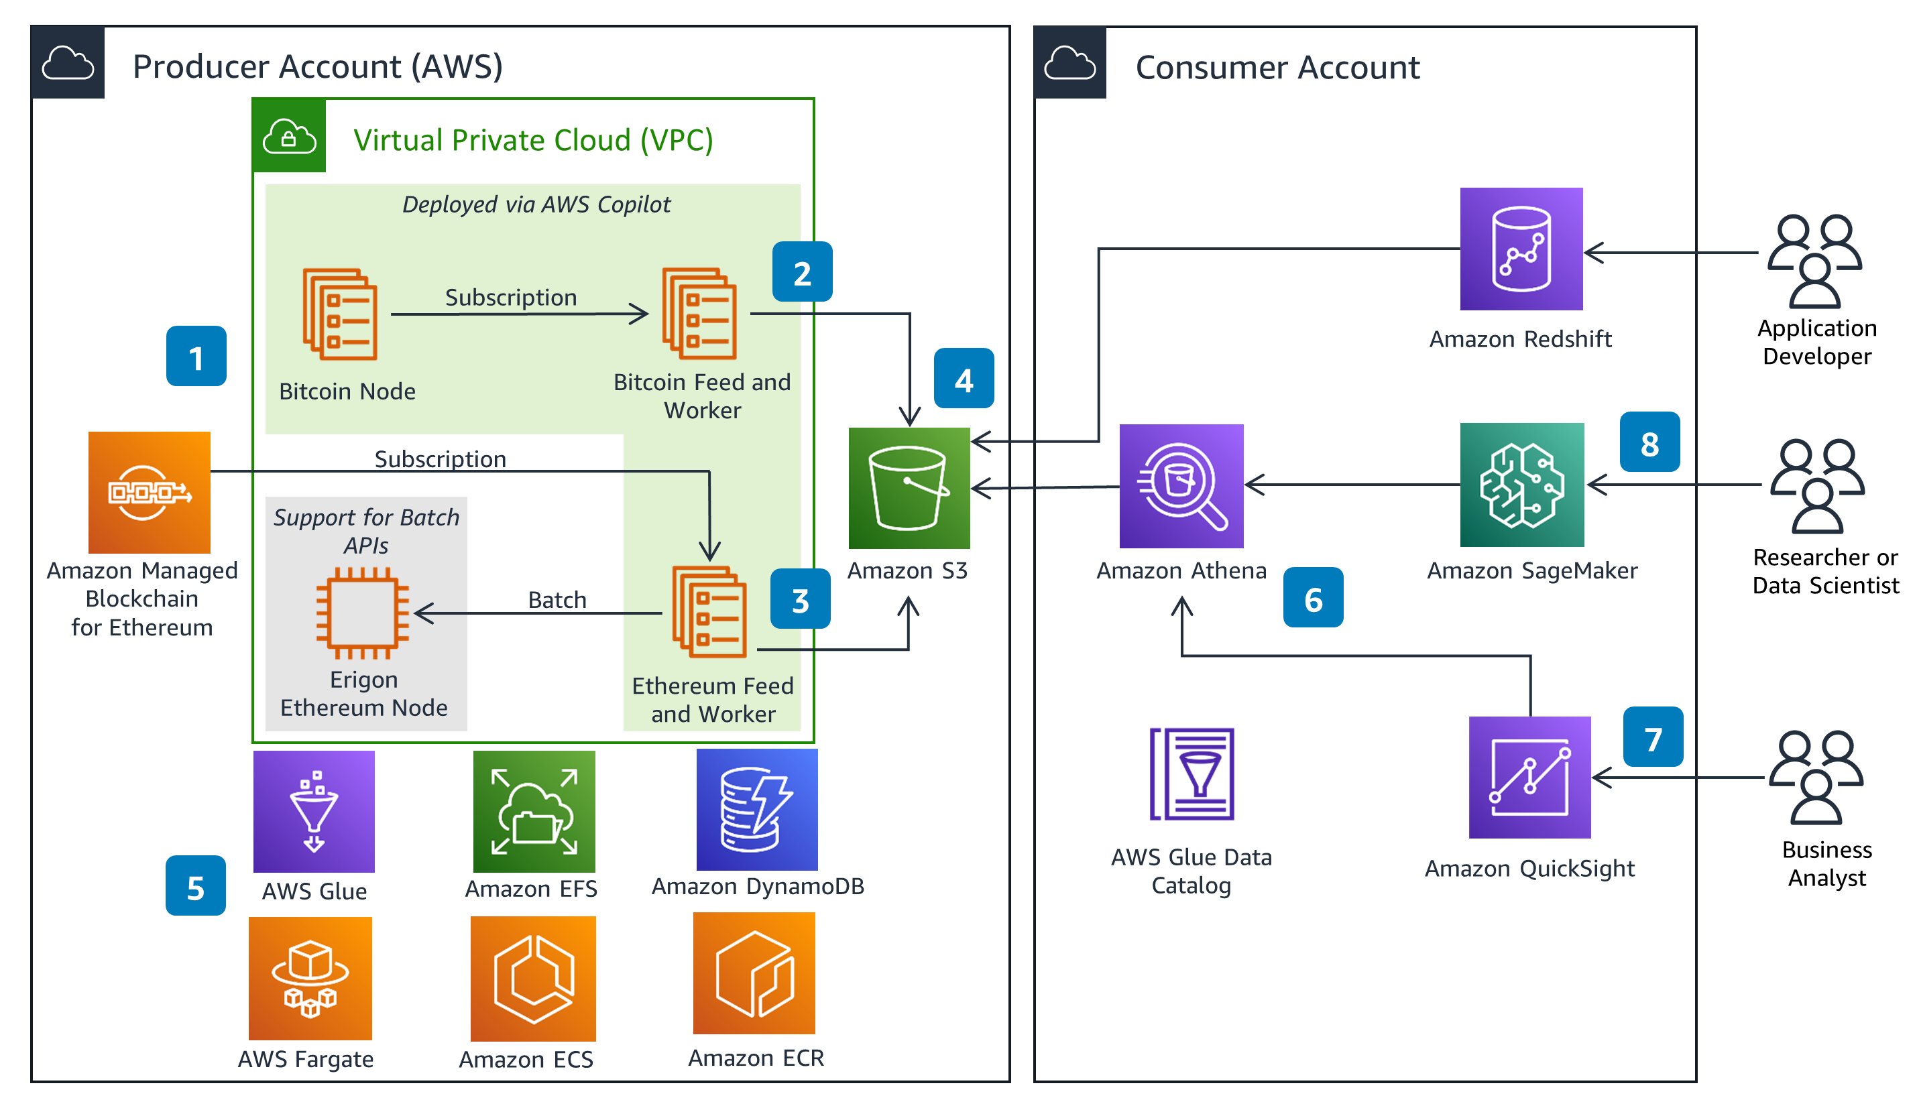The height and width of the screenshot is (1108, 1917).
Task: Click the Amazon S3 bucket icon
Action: [x=909, y=487]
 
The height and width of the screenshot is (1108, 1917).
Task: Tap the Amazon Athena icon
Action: [x=1181, y=486]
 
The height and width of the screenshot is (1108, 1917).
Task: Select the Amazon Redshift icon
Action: [x=1521, y=249]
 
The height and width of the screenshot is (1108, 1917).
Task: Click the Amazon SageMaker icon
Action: [x=1522, y=485]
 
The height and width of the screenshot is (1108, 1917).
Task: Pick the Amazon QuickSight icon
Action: [x=1530, y=777]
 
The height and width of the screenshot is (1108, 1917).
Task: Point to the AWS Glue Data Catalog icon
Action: [x=1192, y=774]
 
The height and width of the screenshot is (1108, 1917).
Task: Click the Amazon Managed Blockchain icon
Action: [x=149, y=492]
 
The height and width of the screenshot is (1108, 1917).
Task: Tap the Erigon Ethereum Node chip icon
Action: [x=363, y=612]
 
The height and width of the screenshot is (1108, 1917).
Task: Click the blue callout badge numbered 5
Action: [x=196, y=886]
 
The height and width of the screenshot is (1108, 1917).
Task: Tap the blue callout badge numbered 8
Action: [x=1649, y=442]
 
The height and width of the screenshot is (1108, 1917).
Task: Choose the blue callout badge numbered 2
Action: [x=802, y=271]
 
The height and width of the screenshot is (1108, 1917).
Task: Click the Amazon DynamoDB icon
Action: [x=757, y=809]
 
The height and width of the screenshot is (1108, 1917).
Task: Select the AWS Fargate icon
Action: [x=310, y=978]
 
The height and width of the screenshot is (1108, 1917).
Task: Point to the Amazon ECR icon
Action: [x=754, y=973]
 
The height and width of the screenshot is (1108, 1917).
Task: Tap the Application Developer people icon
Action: [x=1814, y=261]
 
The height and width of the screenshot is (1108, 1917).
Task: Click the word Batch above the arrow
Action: [x=557, y=600]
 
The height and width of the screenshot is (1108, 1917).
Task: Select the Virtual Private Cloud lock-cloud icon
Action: [x=289, y=136]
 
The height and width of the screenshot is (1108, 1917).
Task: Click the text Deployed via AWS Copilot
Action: [x=536, y=204]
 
